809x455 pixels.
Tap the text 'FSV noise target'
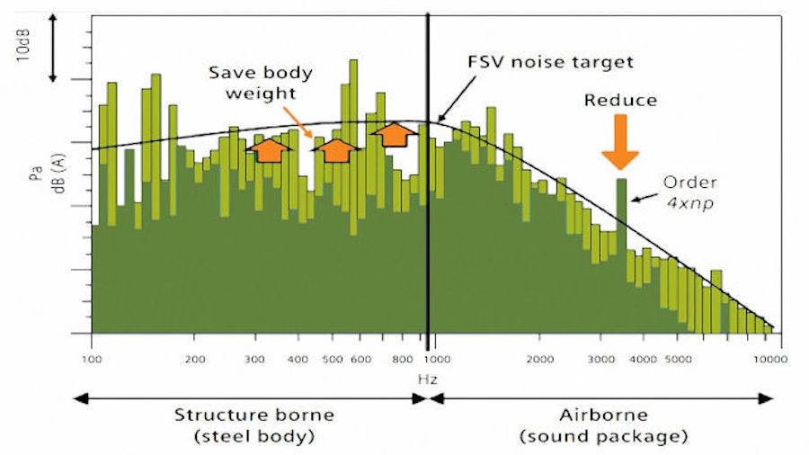pos(550,62)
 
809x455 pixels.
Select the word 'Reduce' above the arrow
pos(620,100)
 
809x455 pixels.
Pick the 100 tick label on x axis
pos(92,359)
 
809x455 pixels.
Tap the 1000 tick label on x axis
pos(440,359)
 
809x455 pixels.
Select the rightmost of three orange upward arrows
pos(394,133)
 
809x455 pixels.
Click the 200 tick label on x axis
pos(196,359)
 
